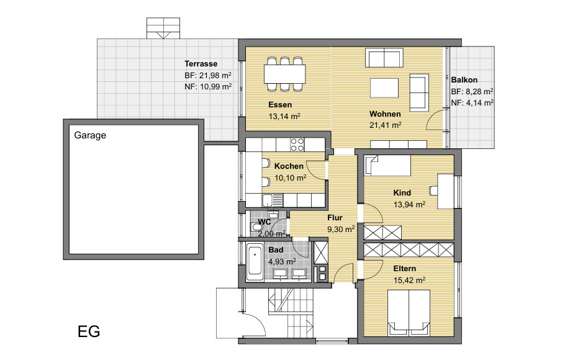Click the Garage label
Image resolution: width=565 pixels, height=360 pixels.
pyautogui.click(x=90, y=135)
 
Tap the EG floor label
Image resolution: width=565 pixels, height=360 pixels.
pyautogui.click(x=89, y=331)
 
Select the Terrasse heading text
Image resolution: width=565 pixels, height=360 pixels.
pyautogui.click(x=201, y=64)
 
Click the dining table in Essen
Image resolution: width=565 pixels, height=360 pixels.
pyautogui.click(x=284, y=74)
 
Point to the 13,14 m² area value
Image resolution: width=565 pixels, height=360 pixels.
pyautogui.click(x=284, y=117)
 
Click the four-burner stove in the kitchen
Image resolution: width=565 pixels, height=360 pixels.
pyautogui.click(x=297, y=145)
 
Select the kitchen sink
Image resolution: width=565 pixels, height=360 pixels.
pyautogui.click(x=273, y=200)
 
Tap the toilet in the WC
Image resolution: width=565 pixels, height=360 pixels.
pyautogui.click(x=256, y=227)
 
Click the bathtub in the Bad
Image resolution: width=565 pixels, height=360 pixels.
pyautogui.click(x=255, y=263)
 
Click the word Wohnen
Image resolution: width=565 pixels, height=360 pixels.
pyautogui.click(x=385, y=114)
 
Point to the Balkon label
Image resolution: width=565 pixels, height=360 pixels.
pyautogui.click(x=464, y=80)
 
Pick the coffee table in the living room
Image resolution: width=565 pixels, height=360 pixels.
pyautogui.click(x=384, y=88)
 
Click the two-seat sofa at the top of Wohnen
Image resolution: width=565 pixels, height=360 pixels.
pyautogui.click(x=384, y=57)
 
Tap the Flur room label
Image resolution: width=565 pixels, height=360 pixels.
pyautogui.click(x=335, y=218)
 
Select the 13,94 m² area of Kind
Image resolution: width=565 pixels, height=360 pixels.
pyautogui.click(x=409, y=205)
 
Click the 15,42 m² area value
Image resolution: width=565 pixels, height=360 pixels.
pyautogui.click(x=409, y=280)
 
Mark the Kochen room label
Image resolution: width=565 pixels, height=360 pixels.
pyautogui.click(x=289, y=166)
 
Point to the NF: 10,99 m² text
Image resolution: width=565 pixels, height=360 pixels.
pyautogui.click(x=208, y=87)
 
